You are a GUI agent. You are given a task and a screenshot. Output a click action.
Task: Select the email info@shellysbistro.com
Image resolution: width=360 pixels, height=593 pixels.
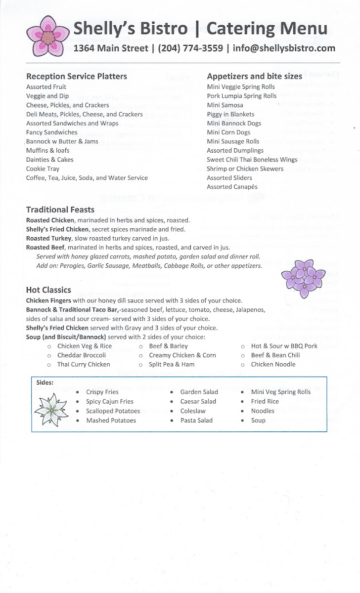point(281,48)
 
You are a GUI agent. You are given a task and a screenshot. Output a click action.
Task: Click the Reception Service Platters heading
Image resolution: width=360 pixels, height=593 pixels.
point(77,76)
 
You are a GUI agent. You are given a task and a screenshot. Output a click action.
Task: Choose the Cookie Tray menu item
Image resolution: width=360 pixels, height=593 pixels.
point(43,169)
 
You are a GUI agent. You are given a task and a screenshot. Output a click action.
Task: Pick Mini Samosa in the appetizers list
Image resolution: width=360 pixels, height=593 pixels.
point(225,105)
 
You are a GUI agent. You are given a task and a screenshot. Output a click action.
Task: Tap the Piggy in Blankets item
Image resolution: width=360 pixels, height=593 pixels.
point(230,114)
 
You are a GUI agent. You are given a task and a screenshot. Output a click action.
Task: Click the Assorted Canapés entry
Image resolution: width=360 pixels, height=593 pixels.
point(232,187)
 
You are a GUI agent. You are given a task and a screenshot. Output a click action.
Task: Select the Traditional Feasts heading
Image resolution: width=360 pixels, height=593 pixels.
point(60,209)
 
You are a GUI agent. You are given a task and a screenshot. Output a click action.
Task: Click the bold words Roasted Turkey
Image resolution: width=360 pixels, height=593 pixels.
point(48,238)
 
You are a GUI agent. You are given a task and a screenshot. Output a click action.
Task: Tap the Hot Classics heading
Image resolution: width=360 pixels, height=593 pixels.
point(48,290)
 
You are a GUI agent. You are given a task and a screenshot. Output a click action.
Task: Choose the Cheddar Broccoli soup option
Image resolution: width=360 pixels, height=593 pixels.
point(82,355)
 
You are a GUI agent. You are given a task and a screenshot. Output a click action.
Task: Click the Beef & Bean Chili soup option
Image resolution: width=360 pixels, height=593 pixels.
point(275,355)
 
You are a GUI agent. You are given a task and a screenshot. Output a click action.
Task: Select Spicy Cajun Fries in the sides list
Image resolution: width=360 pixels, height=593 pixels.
point(110,401)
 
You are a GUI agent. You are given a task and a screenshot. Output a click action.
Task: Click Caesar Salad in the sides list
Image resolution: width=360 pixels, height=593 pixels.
point(198,401)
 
